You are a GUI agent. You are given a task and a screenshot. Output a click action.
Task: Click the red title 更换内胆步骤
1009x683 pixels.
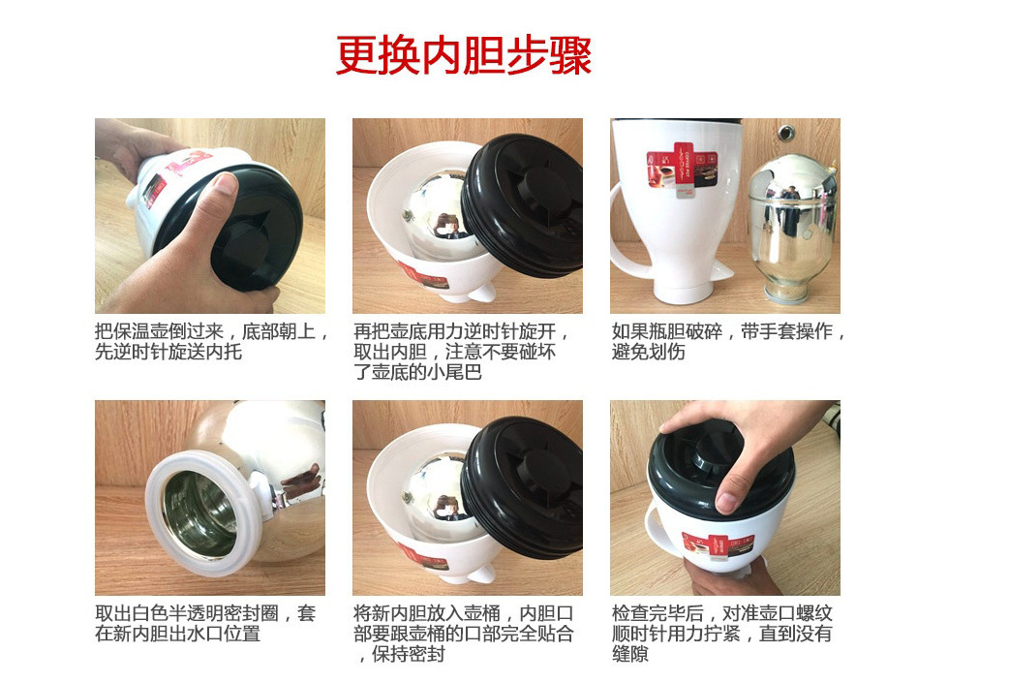[x=463, y=55]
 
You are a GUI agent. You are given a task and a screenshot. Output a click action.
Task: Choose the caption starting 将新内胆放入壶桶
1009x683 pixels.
[x=463, y=633]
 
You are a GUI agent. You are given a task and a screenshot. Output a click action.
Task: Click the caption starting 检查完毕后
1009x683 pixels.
[x=722, y=633]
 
